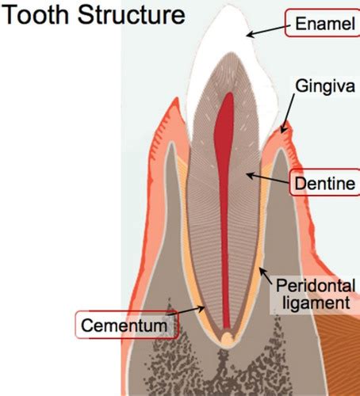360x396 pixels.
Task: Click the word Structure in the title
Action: (132, 14)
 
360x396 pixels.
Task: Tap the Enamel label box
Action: (323, 23)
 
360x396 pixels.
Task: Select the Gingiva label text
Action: (325, 86)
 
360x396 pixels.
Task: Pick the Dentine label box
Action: (324, 182)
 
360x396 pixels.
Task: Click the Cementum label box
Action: (127, 325)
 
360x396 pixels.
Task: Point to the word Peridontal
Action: (316, 286)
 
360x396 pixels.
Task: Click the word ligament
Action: (316, 302)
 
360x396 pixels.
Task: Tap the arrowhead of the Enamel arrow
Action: (249, 35)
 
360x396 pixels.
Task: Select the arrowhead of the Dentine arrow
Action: (248, 174)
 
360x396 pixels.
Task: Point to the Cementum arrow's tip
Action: (204, 307)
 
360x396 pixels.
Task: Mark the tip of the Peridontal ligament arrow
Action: (259, 269)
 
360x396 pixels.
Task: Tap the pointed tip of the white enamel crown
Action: (228, 6)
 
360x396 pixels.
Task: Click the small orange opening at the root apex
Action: (227, 338)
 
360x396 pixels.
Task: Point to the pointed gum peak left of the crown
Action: (175, 100)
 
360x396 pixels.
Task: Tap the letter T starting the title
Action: (10, 14)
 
